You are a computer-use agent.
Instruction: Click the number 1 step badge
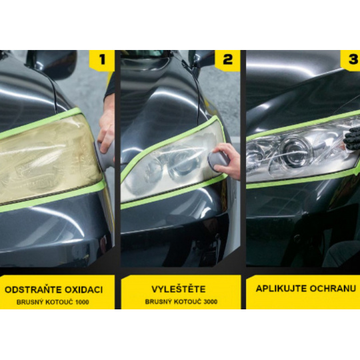point(102,60)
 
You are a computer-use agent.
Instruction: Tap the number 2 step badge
point(227,60)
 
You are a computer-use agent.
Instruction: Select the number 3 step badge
point(351,60)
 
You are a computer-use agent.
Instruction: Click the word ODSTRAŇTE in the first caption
point(33,289)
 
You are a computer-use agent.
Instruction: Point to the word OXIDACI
point(83,290)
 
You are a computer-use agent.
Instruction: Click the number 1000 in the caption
point(82,302)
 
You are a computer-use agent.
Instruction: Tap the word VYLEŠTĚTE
point(179,289)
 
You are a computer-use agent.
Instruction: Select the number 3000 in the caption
point(210,301)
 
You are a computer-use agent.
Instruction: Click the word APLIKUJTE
point(281,289)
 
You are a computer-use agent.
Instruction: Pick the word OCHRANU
point(333,289)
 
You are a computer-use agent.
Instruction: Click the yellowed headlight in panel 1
point(47,159)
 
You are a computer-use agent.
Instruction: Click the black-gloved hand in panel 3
point(352,138)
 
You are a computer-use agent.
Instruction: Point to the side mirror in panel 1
point(51,63)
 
